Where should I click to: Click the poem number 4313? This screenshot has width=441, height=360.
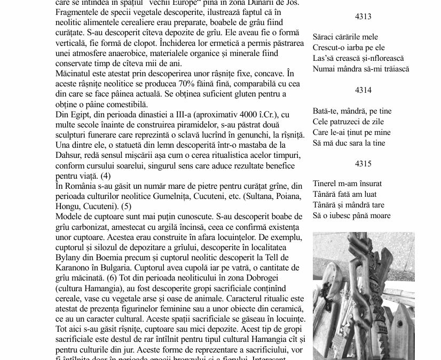[363, 17]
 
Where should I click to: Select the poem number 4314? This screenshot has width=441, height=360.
[363, 90]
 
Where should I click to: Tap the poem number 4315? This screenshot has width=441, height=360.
[363, 164]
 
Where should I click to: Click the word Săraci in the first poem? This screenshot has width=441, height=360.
[324, 37]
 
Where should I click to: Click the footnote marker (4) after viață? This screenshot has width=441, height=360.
[106, 175]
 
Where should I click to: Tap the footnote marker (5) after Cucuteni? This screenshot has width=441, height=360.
[126, 206]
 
